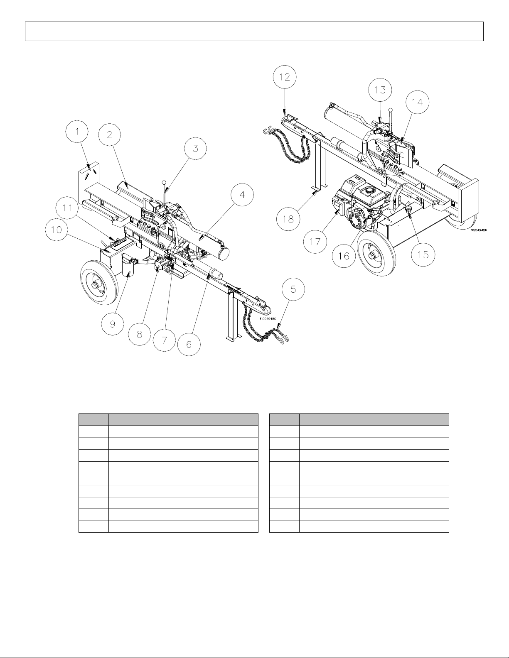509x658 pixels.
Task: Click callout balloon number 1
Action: [77, 132]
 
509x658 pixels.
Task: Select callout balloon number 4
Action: [242, 195]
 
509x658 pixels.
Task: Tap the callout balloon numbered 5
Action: [293, 289]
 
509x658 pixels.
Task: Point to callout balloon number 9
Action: [113, 324]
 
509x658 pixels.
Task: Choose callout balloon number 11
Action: [67, 208]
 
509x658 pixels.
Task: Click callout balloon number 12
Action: [285, 77]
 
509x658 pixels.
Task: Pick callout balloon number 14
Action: [417, 103]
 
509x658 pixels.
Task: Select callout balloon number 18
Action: [288, 219]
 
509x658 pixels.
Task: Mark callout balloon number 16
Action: [344, 256]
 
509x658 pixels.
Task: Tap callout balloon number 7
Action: [164, 340]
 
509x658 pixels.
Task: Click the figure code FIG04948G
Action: [268, 318]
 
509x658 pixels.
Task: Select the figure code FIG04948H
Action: [479, 230]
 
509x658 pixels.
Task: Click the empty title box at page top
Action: [254, 31]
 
